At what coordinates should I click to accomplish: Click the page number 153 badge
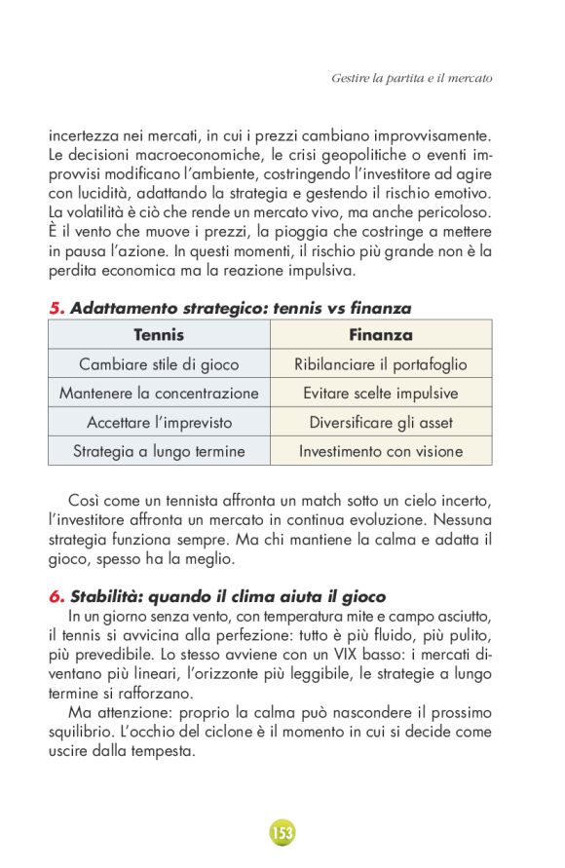click(282, 833)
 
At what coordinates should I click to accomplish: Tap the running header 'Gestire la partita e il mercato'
click(411, 76)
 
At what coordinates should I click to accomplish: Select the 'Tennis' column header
click(159, 334)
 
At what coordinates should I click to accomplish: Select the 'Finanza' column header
click(381, 334)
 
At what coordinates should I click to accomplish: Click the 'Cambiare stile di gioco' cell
click(159, 363)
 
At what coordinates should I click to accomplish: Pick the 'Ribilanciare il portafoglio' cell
click(381, 363)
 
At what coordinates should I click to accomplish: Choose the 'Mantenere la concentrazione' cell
click(159, 393)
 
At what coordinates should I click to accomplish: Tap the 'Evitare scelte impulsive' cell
click(381, 393)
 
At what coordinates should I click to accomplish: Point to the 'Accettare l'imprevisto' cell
click(159, 422)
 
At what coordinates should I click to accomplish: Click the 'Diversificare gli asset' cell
click(381, 422)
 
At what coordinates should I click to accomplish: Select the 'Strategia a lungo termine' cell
click(159, 451)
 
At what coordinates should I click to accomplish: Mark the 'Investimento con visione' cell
click(381, 451)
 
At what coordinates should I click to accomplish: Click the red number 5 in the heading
click(56, 308)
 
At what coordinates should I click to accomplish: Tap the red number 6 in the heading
click(56, 596)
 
